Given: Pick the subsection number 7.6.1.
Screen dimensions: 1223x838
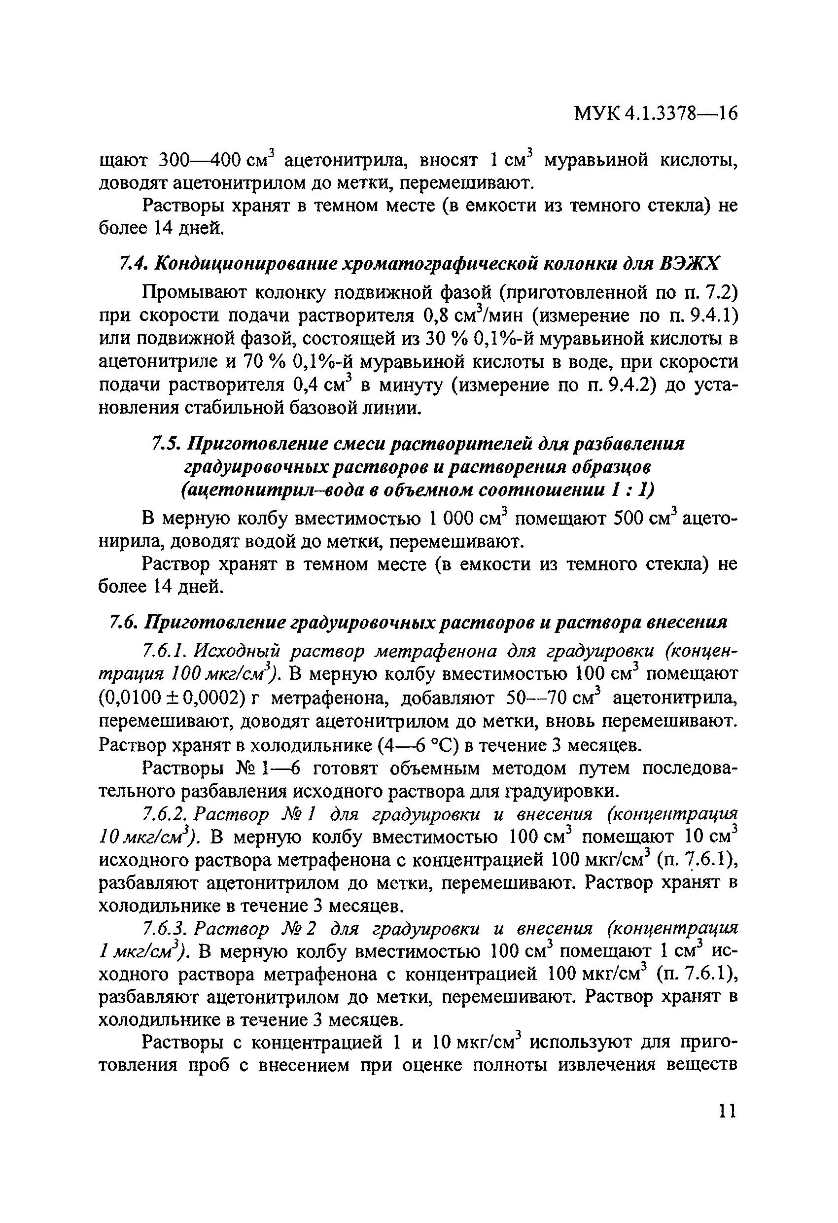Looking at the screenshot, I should [x=164, y=652].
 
